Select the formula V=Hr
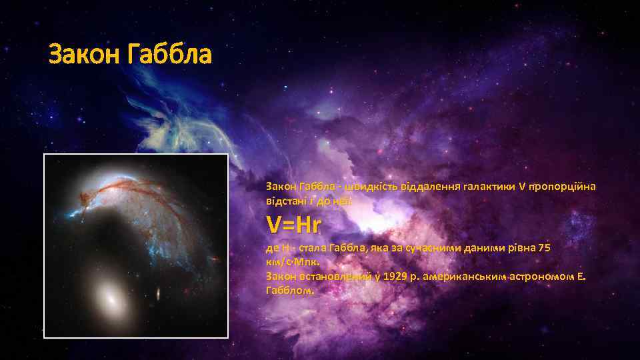[293, 224]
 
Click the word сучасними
[431, 247]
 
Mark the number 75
[544, 247]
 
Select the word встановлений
[328, 276]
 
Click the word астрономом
[540, 276]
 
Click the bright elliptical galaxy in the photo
[111, 299]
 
